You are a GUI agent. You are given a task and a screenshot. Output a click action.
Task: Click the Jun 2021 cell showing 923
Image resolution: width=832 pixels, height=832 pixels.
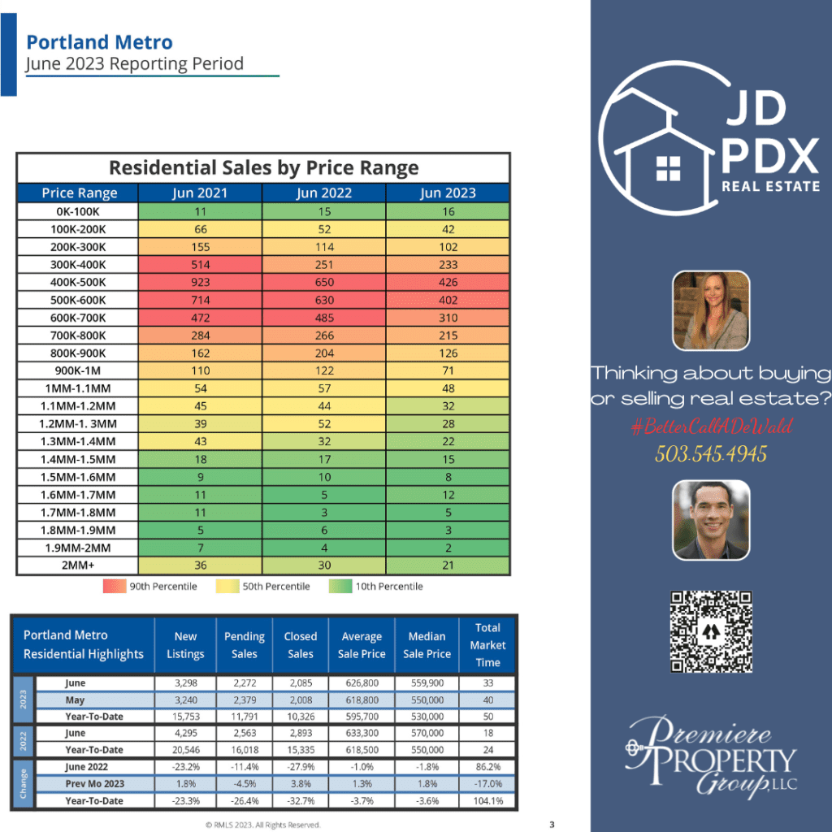(200, 282)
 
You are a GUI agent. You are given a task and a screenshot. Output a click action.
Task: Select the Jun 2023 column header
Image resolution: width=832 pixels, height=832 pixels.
(448, 193)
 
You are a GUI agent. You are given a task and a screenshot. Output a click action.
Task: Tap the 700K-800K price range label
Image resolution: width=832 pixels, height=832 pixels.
(79, 336)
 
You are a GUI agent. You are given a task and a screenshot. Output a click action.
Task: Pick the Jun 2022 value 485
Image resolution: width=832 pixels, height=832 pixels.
(323, 318)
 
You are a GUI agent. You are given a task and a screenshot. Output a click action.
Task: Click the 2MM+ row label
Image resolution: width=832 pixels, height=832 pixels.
(79, 565)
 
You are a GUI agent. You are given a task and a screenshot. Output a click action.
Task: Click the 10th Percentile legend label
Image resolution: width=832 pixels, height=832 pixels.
(388, 586)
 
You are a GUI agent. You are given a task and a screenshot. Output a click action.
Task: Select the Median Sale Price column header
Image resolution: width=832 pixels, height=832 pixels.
(427, 645)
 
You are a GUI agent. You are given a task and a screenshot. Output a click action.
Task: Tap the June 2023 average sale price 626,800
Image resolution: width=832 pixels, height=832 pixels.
(362, 683)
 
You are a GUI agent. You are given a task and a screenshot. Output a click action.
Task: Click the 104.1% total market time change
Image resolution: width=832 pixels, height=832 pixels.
(487, 800)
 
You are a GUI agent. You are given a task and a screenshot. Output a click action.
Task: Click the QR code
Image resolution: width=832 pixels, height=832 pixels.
(711, 631)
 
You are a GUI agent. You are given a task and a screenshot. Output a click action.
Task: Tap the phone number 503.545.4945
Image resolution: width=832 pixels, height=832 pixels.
(711, 453)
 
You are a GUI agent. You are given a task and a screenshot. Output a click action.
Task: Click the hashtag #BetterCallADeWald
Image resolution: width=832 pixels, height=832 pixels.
(711, 427)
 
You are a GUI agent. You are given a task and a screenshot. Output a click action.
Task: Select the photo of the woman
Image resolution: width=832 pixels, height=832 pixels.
(711, 310)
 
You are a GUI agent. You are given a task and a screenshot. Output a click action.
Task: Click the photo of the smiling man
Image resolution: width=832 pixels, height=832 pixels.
(711, 520)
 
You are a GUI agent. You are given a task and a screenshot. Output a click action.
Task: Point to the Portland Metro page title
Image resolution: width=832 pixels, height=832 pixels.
(99, 42)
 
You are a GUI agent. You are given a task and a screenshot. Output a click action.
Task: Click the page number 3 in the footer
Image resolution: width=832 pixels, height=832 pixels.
(552, 825)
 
